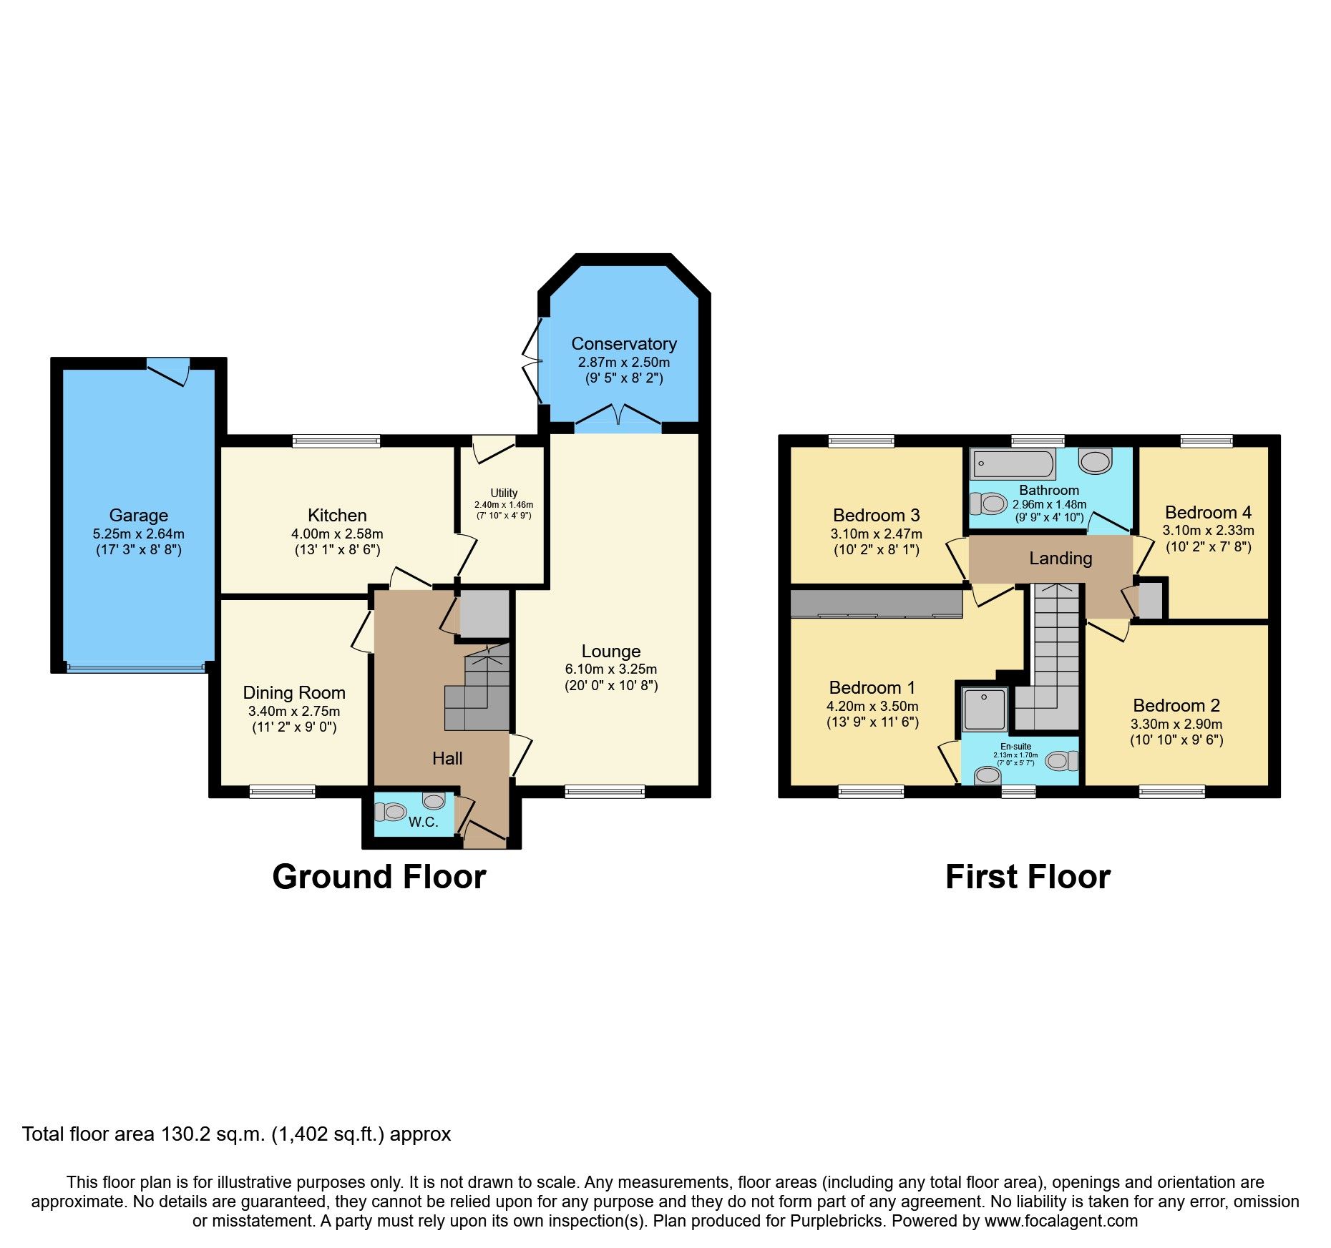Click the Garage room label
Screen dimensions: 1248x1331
tap(139, 515)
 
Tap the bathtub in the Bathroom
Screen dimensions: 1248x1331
tap(1012, 464)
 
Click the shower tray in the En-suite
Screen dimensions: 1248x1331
tap(985, 708)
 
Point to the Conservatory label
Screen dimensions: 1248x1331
tap(624, 344)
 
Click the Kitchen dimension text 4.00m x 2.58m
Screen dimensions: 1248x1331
tap(337, 534)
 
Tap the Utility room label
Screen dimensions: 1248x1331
tap(504, 493)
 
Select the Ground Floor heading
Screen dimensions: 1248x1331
tap(379, 877)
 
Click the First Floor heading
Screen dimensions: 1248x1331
tap(1028, 877)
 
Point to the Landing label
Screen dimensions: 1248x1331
tap(1061, 559)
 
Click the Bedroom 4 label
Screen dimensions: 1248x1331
tap(1208, 512)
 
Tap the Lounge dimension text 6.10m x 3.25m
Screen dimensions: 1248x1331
tap(611, 669)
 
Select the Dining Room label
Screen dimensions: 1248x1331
tap(294, 692)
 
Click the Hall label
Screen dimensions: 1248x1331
tap(447, 758)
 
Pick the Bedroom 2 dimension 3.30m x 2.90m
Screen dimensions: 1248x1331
tap(1176, 724)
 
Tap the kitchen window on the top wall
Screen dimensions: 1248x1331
tap(336, 441)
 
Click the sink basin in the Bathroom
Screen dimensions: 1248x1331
tap(1095, 461)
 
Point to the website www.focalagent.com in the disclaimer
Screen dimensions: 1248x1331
tap(1061, 1221)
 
